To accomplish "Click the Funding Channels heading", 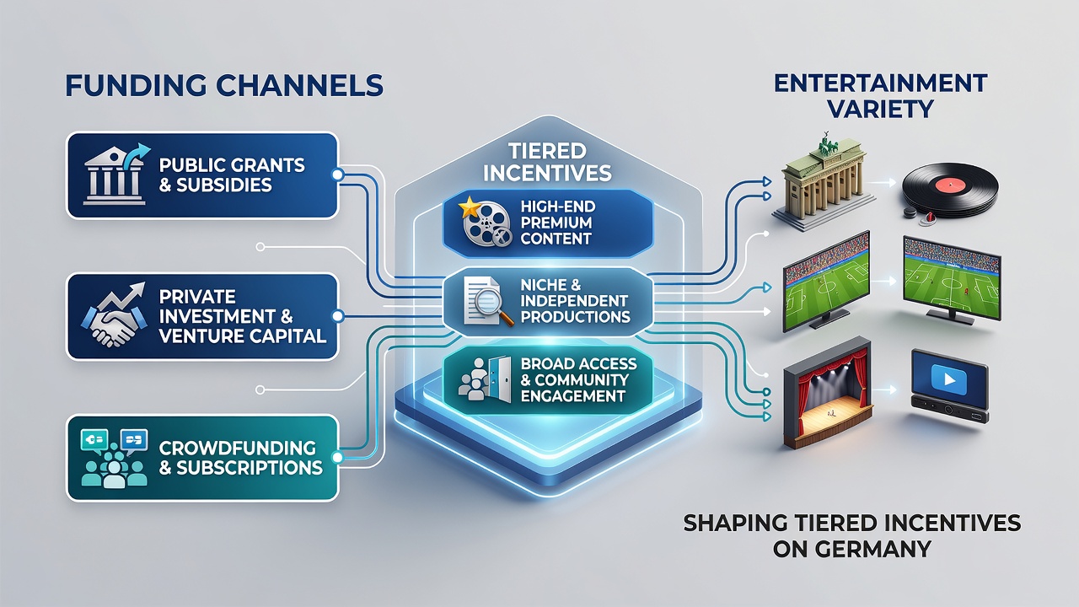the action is tap(224, 85).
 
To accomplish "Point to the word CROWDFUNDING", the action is tap(237, 448).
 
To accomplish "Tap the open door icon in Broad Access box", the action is tap(500, 379).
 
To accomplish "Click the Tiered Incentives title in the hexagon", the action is tap(547, 163).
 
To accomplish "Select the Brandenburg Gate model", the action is tap(823, 185).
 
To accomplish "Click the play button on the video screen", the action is tap(949, 379).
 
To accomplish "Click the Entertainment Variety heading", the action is tap(881, 96).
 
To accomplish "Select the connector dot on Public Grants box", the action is tap(338, 175).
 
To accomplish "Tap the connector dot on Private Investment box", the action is tap(338, 316).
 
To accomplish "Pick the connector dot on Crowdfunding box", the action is tap(338, 458).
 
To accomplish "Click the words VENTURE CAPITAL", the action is tap(243, 336).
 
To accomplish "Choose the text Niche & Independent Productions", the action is tap(575, 301).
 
